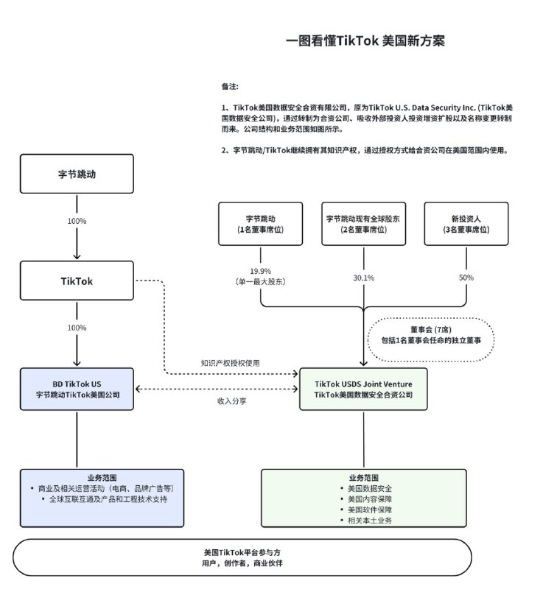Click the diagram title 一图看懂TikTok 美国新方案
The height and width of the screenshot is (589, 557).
point(365,40)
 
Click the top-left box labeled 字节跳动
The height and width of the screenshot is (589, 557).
point(77,174)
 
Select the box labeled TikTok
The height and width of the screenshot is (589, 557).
point(77,281)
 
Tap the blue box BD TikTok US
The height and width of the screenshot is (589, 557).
point(77,389)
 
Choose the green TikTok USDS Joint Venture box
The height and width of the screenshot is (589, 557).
point(363,389)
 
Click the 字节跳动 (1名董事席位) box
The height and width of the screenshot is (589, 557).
point(260,224)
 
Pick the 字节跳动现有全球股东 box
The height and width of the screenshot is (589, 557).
point(363,224)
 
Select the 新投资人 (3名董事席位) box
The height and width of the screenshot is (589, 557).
point(466,224)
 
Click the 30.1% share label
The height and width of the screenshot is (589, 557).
point(363,278)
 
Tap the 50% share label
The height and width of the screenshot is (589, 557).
point(466,278)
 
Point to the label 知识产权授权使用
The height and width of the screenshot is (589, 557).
point(230,363)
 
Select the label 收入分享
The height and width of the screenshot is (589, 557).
point(230,401)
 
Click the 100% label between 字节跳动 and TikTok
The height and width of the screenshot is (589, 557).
point(77,221)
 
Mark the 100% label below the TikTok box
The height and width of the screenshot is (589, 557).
point(77,328)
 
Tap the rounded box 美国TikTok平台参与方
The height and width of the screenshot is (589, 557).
point(242,557)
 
